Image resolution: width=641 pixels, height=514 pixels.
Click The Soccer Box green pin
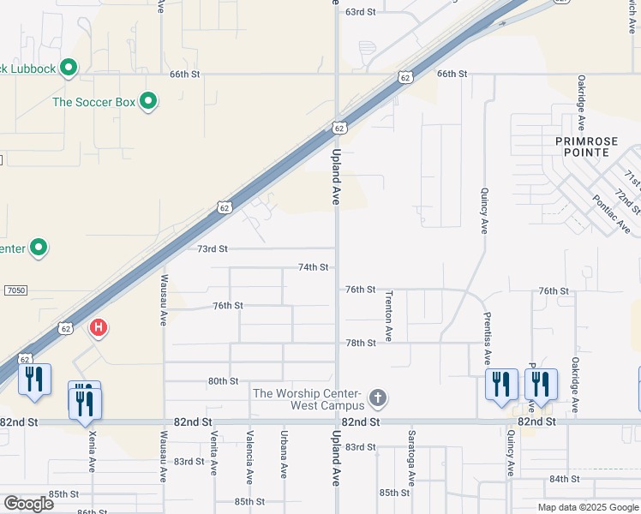click(148, 102)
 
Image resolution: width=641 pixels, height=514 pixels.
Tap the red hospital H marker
click(99, 327)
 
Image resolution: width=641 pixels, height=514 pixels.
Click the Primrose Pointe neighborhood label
click(593, 146)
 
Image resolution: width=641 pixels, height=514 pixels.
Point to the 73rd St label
click(212, 249)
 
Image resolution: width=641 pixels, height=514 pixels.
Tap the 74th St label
click(313, 267)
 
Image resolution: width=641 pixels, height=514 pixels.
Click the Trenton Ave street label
click(388, 320)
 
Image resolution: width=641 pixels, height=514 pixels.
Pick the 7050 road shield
click(15, 290)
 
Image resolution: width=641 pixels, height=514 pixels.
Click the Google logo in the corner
click(28, 504)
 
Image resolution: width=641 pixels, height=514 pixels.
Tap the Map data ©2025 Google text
click(588, 507)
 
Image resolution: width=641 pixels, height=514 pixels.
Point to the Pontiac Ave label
click(611, 214)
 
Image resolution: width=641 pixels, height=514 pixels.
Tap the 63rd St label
click(360, 12)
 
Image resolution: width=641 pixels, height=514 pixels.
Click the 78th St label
click(360, 343)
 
